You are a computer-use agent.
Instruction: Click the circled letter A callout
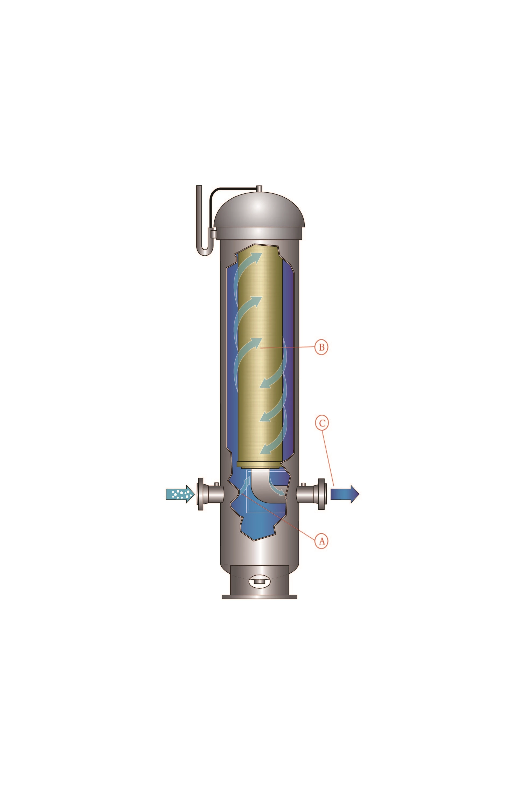point(321,540)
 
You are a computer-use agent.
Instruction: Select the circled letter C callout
point(322,423)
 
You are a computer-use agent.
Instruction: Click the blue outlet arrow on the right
point(345,494)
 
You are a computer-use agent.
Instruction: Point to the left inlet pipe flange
point(201,494)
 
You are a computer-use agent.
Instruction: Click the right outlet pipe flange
point(321,494)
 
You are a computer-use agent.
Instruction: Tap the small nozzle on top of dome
point(259,189)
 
